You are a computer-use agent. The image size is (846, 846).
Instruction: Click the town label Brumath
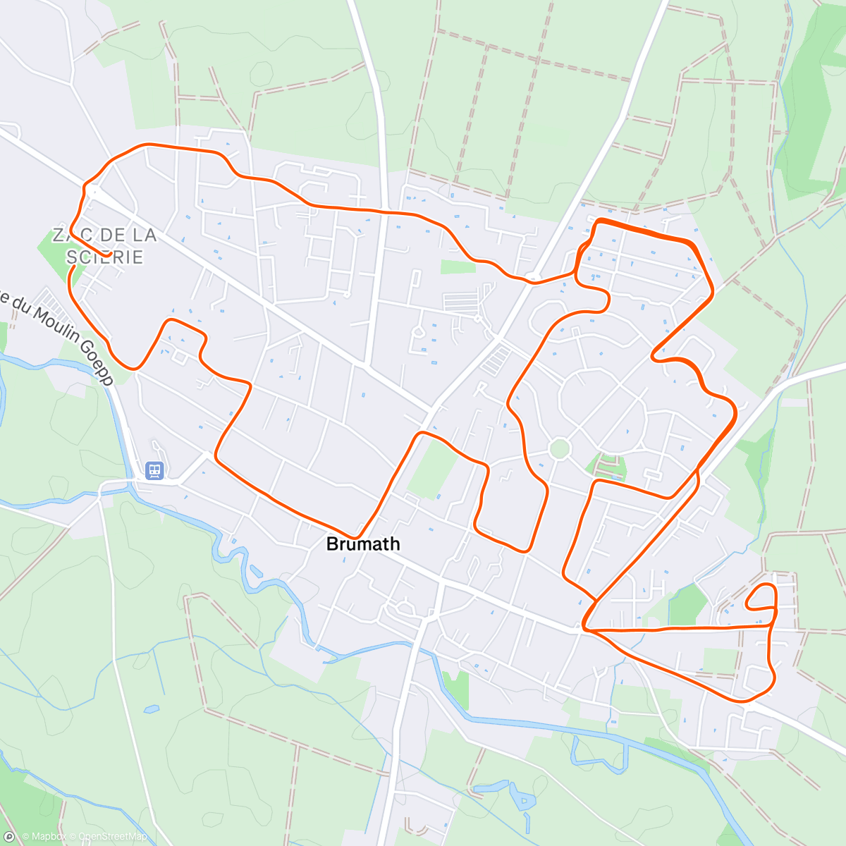pos(363,544)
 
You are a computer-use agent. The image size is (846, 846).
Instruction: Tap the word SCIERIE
pos(106,257)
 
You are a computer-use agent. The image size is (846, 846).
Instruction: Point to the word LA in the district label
pos(143,235)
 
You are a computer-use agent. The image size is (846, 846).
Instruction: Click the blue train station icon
pos(154,470)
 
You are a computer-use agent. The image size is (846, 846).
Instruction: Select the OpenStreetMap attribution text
pos(113,837)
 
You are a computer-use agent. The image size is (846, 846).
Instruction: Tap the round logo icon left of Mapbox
pos(9,837)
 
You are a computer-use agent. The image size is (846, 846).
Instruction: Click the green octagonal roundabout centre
pos(559,448)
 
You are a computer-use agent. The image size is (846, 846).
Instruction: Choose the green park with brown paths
pos(606,466)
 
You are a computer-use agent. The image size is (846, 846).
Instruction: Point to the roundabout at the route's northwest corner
pos(92,190)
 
